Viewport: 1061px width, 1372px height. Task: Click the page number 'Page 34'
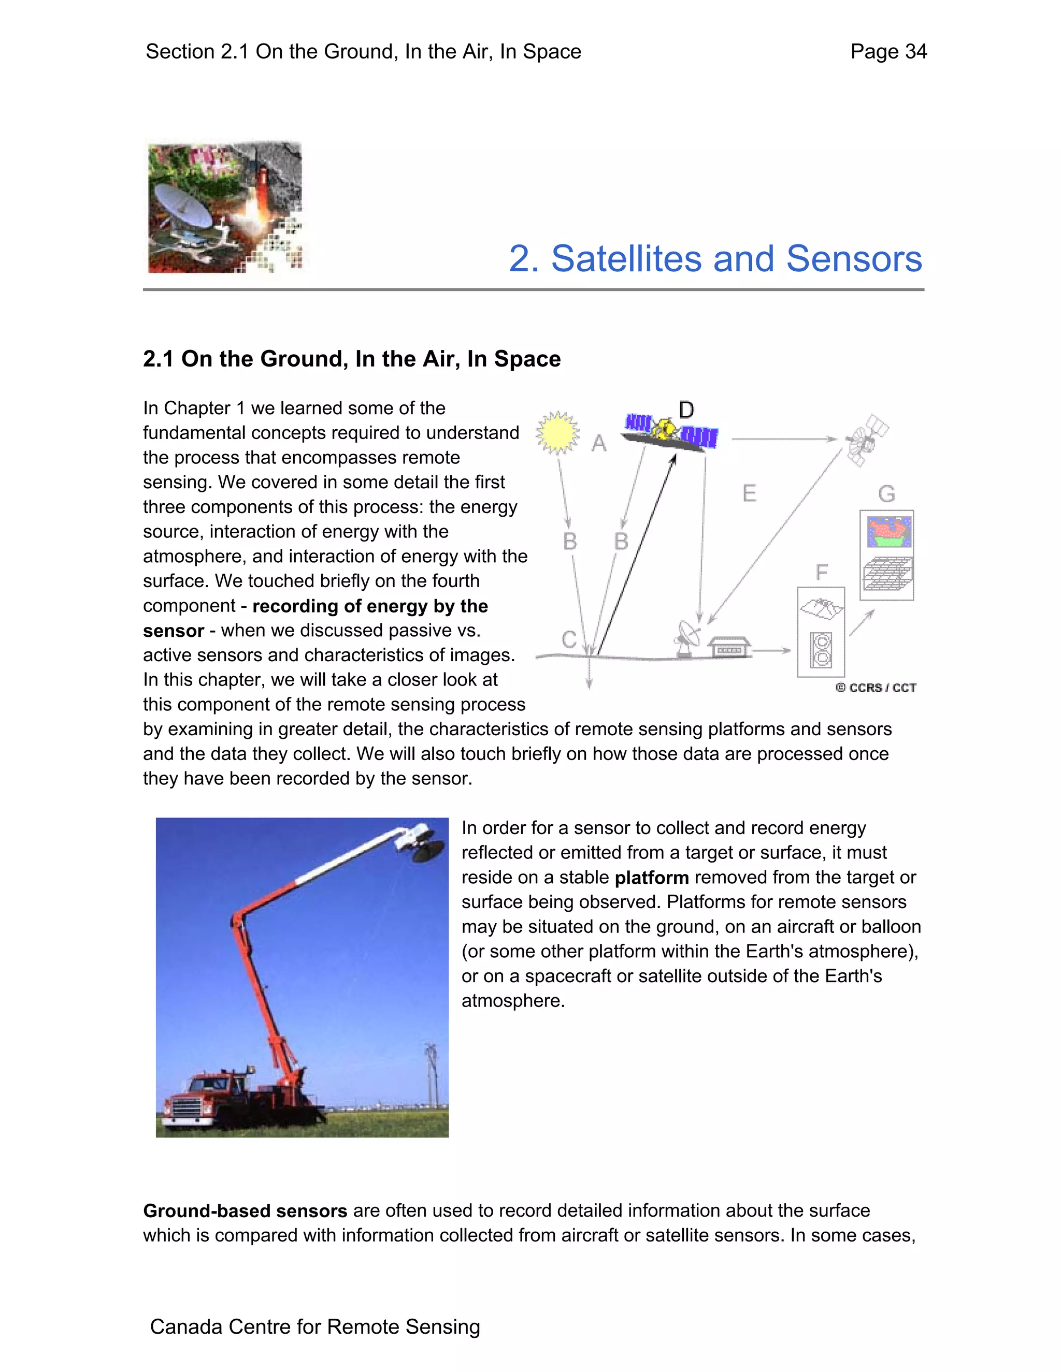pos(887,51)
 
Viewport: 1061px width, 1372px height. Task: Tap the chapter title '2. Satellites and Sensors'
pos(714,259)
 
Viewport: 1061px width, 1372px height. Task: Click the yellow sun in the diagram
pos(557,433)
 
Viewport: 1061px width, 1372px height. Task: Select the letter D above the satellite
pos(686,410)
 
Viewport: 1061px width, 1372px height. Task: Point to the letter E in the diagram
pos(749,494)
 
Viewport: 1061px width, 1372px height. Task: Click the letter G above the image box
pos(886,494)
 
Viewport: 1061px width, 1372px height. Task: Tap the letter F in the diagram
pos(821,572)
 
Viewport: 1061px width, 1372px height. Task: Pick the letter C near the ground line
pos(569,639)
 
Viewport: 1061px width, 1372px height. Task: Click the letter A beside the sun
pos(599,444)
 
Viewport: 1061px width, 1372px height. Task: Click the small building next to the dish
pos(729,647)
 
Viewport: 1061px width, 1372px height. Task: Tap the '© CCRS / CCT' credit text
pos(876,688)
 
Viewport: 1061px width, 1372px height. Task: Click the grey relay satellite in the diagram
pos(866,439)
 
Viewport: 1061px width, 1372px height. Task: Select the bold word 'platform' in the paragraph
pos(651,878)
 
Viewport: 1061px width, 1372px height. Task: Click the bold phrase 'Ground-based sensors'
pos(245,1210)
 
